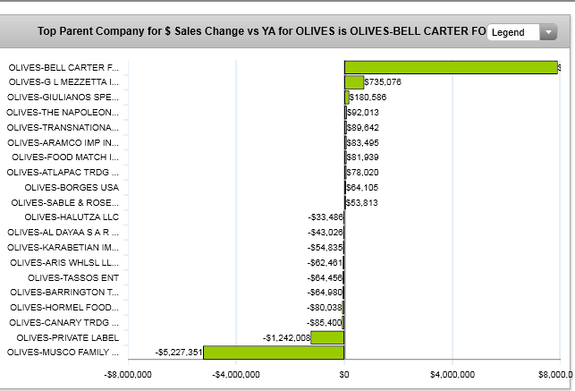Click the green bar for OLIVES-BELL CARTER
click(x=451, y=67)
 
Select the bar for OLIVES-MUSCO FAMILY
click(x=274, y=353)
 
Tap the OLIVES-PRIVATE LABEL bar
click(x=327, y=337)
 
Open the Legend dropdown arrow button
click(x=549, y=32)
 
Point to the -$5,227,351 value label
click(x=179, y=353)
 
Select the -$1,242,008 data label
click(x=286, y=337)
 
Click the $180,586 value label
click(x=368, y=97)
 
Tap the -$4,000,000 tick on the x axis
click(x=235, y=375)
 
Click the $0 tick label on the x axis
click(x=344, y=375)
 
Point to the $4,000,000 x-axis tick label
click(x=453, y=375)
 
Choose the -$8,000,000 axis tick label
click(x=128, y=375)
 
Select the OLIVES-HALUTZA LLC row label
click(x=72, y=217)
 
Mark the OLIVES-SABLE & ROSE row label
click(x=71, y=202)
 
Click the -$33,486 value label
click(x=325, y=217)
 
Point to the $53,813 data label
click(x=362, y=202)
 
